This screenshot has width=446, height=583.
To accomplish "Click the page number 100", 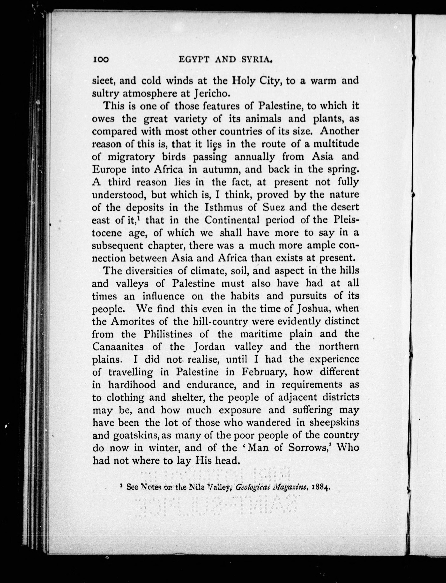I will coord(101,60).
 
